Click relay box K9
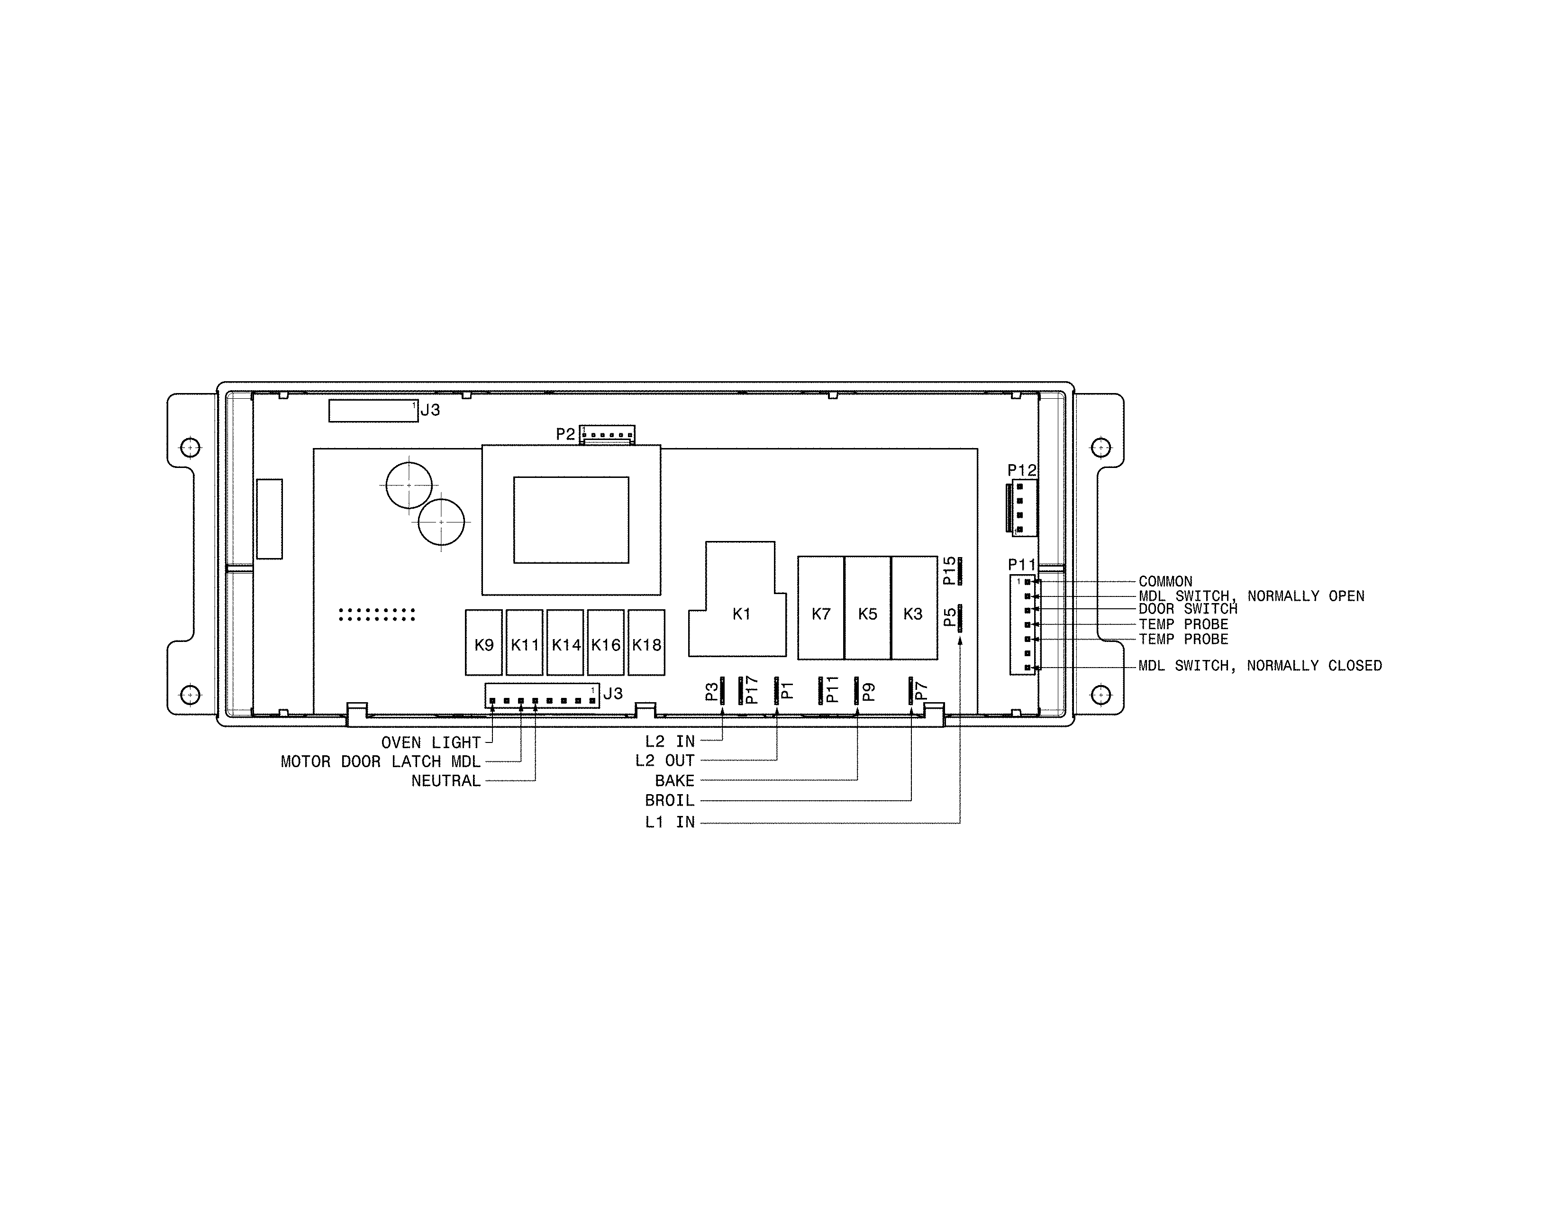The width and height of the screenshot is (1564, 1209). pos(483,642)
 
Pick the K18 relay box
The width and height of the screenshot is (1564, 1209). pos(646,642)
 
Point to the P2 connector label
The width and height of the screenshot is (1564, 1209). pos(565,434)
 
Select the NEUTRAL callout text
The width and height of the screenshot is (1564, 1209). pos(446,781)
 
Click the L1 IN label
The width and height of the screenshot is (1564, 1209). pos(670,822)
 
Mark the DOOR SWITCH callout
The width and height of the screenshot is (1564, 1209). pos(1188,609)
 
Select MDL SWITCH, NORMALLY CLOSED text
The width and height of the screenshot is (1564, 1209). pos(1260,665)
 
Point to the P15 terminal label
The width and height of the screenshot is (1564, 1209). pos(950,571)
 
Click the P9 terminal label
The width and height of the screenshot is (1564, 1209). pos(869,691)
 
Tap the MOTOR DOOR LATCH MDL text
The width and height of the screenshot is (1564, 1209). pos(380,762)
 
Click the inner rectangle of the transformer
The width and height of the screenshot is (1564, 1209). pos(571,520)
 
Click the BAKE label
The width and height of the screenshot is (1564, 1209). pos(674,781)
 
